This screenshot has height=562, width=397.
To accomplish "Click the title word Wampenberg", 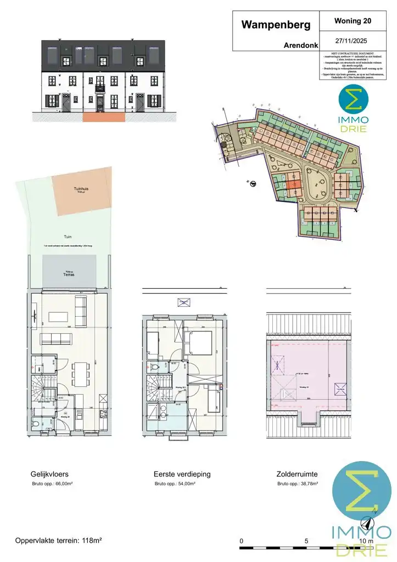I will [276, 25].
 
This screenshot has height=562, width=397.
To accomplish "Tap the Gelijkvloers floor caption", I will [50, 474].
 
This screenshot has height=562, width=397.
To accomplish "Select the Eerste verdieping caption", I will [182, 474].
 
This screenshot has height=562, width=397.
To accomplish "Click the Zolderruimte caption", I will [297, 474].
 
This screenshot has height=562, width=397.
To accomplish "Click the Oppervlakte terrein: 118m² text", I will [59, 540].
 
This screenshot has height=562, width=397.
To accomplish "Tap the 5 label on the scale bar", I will [306, 541].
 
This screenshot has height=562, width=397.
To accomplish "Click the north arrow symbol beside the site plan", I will [251, 183].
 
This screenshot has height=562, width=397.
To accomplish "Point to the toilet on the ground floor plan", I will [37, 424].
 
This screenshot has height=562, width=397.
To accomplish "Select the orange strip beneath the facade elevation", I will [103, 117].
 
